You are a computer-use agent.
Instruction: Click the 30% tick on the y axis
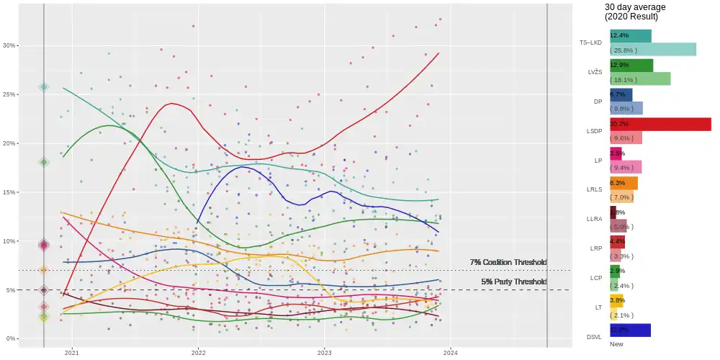coord(9,45)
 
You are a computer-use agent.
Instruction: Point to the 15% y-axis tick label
coord(9,192)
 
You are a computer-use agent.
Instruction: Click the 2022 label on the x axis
coord(198,353)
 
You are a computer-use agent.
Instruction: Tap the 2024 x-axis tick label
coord(450,353)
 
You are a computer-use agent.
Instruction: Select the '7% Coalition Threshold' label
coord(508,262)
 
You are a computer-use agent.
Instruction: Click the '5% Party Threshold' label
coord(513,282)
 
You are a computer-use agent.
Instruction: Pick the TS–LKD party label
coord(590,42)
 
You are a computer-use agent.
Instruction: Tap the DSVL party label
coord(593,337)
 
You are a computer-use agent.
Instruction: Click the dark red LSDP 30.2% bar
coord(660,125)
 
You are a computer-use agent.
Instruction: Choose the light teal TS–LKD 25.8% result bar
coord(652,50)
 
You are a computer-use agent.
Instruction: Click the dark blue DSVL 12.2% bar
coord(630,330)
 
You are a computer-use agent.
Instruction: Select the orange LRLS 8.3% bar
coord(624,183)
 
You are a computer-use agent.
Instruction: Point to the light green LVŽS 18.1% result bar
coord(640,78)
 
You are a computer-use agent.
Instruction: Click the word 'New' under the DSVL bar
coord(616,344)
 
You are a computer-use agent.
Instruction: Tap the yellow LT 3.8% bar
coord(616,300)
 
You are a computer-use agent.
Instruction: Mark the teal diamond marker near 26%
coord(44,87)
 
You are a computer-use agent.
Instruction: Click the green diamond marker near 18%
coord(44,163)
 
